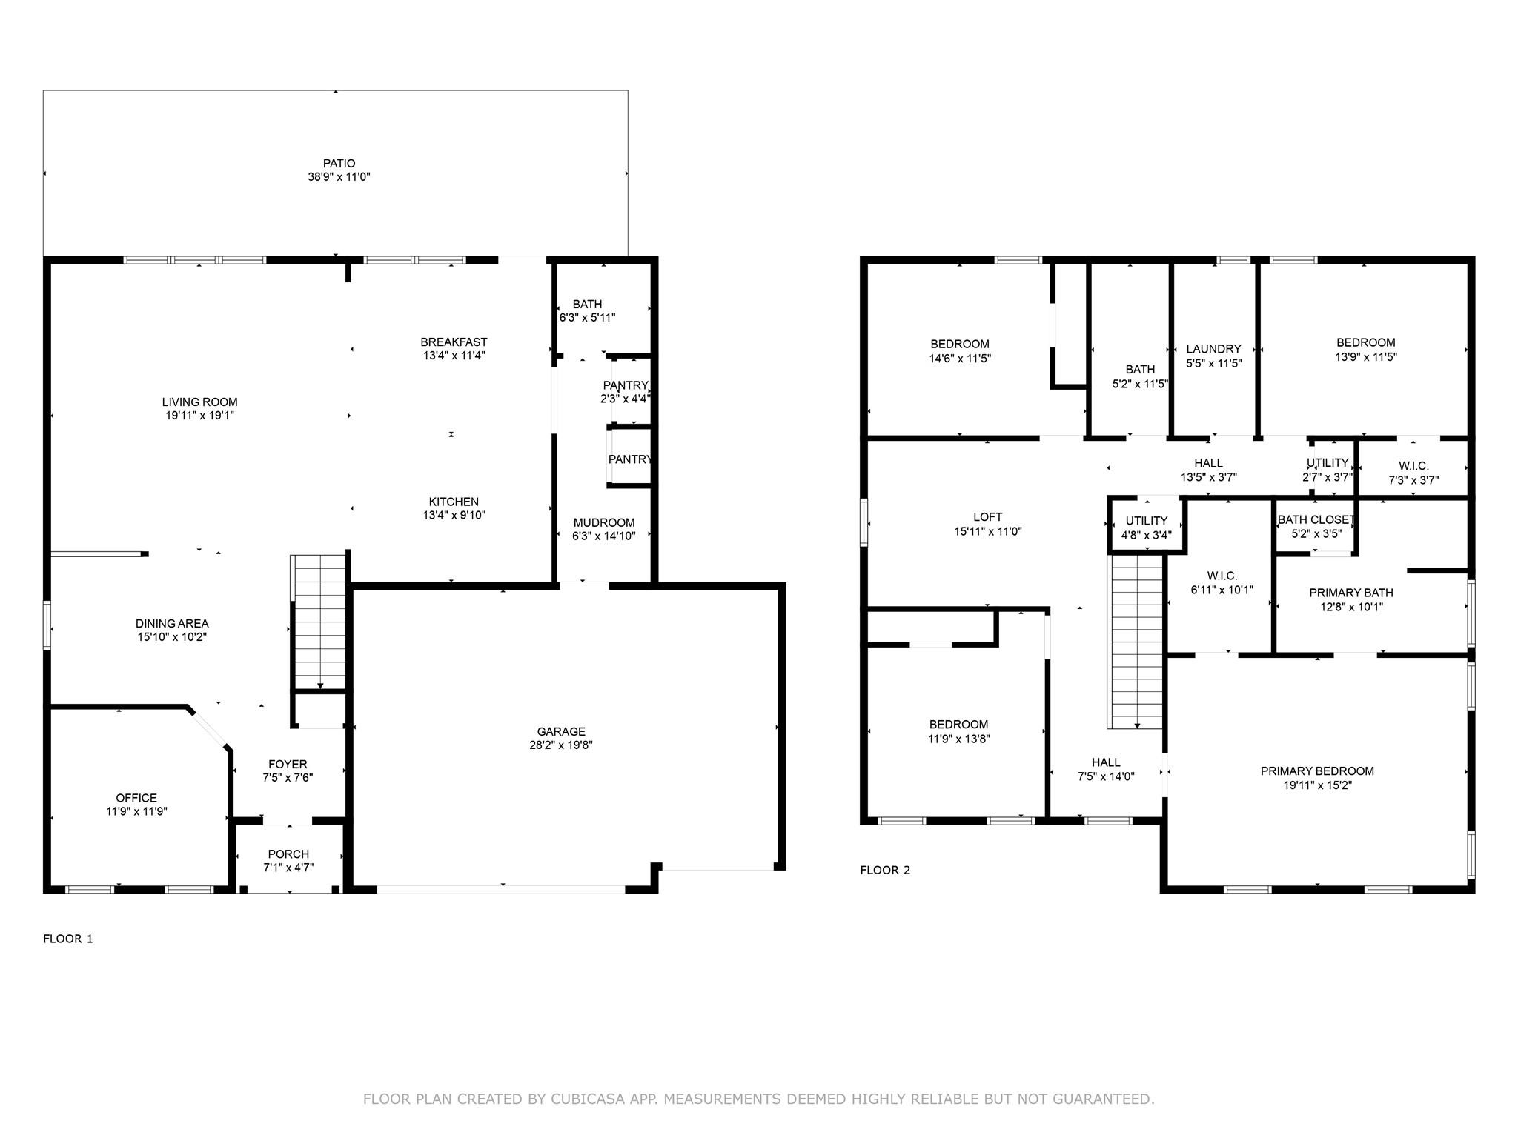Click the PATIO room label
(x=339, y=163)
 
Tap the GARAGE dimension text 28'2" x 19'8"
(x=561, y=745)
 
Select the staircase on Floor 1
(x=319, y=622)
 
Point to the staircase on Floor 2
(x=1136, y=642)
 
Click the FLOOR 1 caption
(x=68, y=939)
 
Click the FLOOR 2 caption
(x=885, y=870)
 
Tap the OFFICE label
(x=136, y=798)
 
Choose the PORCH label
(x=289, y=854)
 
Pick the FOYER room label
(x=288, y=764)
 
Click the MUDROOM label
(x=604, y=522)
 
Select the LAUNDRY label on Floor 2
(x=1213, y=349)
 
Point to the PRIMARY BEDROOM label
(x=1317, y=771)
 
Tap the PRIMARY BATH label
(x=1351, y=593)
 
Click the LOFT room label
(x=988, y=517)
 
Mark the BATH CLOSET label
(x=1316, y=520)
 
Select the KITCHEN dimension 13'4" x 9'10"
(x=454, y=516)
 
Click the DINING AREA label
(x=172, y=624)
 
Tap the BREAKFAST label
(x=454, y=342)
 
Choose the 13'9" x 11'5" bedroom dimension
(x=1366, y=356)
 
